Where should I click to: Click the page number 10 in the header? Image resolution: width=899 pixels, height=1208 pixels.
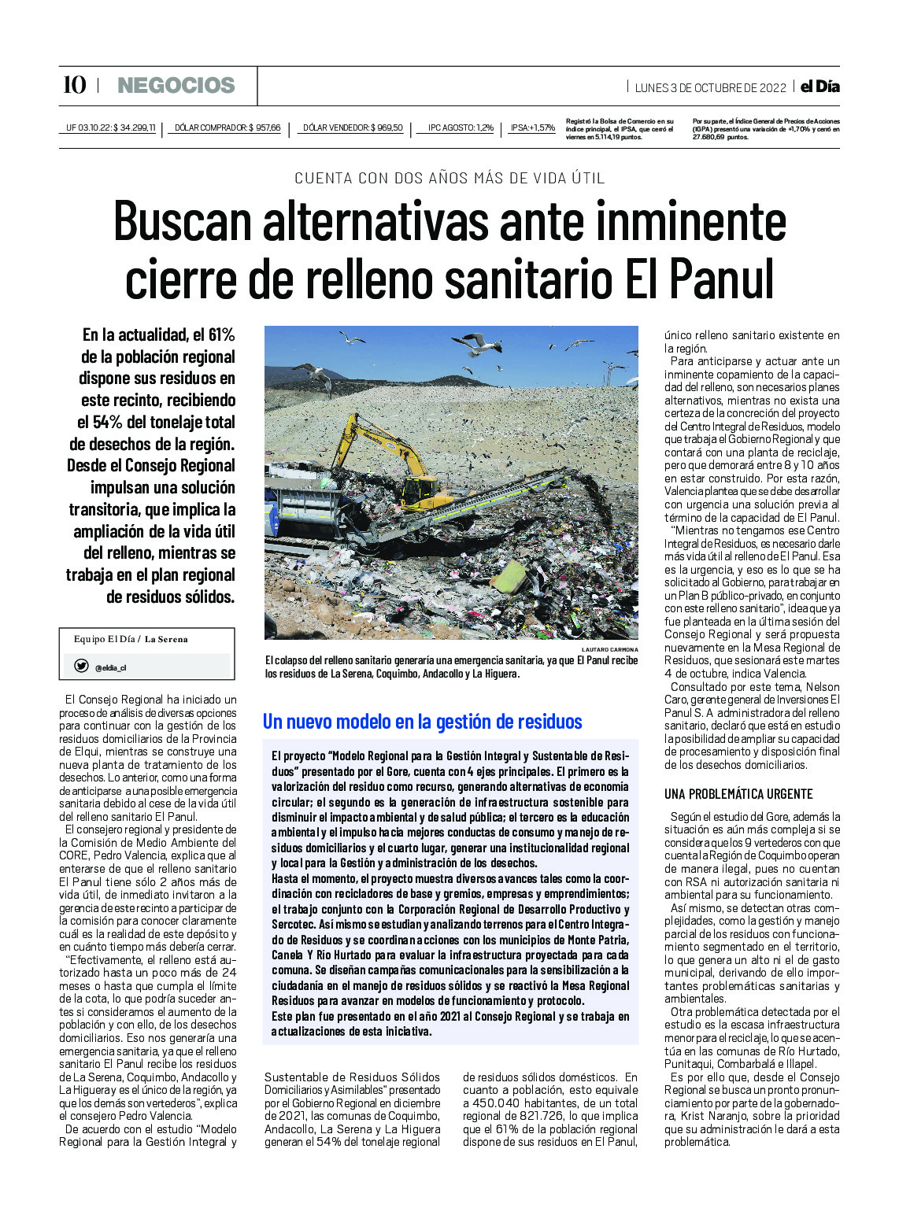click(x=75, y=85)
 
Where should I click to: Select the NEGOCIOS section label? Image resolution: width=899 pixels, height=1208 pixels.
click(x=176, y=86)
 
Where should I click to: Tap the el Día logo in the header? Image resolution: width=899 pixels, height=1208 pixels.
click(x=819, y=87)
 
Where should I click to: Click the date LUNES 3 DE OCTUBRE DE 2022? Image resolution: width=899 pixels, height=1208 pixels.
click(x=710, y=87)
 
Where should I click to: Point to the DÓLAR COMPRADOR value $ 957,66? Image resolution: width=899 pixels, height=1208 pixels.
click(x=265, y=127)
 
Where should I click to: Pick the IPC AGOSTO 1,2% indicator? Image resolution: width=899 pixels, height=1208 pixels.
click(x=461, y=127)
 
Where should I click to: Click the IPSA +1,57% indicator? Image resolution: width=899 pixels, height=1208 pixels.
click(x=532, y=127)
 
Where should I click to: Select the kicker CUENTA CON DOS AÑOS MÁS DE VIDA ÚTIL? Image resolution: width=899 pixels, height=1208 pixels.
click(x=449, y=179)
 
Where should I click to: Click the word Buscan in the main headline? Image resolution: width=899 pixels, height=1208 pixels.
click(x=183, y=223)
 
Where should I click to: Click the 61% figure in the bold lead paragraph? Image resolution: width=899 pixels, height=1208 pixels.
click(x=221, y=335)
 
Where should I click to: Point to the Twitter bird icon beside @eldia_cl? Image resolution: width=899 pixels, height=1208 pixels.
click(x=81, y=667)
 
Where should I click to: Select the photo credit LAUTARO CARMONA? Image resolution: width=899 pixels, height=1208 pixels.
click(x=610, y=649)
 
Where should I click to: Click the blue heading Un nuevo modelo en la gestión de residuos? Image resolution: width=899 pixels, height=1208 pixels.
click(x=423, y=722)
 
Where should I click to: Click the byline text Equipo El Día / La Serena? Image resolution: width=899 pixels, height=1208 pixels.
click(x=131, y=639)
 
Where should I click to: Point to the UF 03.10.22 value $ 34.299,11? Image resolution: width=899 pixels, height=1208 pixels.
click(x=135, y=127)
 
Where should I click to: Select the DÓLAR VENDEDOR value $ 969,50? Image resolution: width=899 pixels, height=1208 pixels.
click(x=387, y=127)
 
